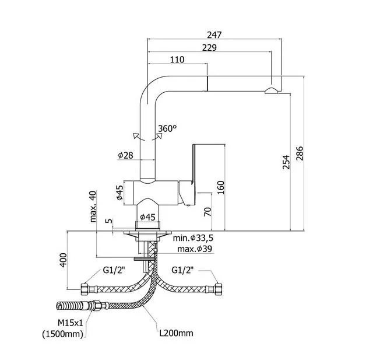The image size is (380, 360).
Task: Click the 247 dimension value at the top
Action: pos(214,35)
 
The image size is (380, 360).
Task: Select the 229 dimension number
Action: pos(209,48)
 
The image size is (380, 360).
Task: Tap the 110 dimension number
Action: pos(177,60)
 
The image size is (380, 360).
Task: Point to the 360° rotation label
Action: pos(167,128)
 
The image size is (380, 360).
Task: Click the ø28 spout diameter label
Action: pos(125,155)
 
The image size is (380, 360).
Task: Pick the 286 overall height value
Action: pos(300,153)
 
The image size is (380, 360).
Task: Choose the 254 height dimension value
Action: pos(286,162)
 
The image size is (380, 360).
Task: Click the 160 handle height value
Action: pos(221,187)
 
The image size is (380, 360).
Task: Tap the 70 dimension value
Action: pos(207,212)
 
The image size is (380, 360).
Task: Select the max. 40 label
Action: pos(93,207)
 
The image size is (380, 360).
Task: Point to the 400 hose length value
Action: pos(63,260)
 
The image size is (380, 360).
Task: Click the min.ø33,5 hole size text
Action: pos(193,238)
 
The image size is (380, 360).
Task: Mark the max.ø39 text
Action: pos(195,249)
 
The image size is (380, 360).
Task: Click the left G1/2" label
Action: pos(114,270)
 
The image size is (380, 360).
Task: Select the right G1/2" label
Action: pos(182,270)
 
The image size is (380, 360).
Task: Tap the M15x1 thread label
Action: pos(71,323)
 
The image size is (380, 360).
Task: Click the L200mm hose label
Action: pos(177,333)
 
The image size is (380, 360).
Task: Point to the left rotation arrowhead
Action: pos(136,135)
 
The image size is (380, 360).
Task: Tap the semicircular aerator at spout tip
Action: pos(271,90)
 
